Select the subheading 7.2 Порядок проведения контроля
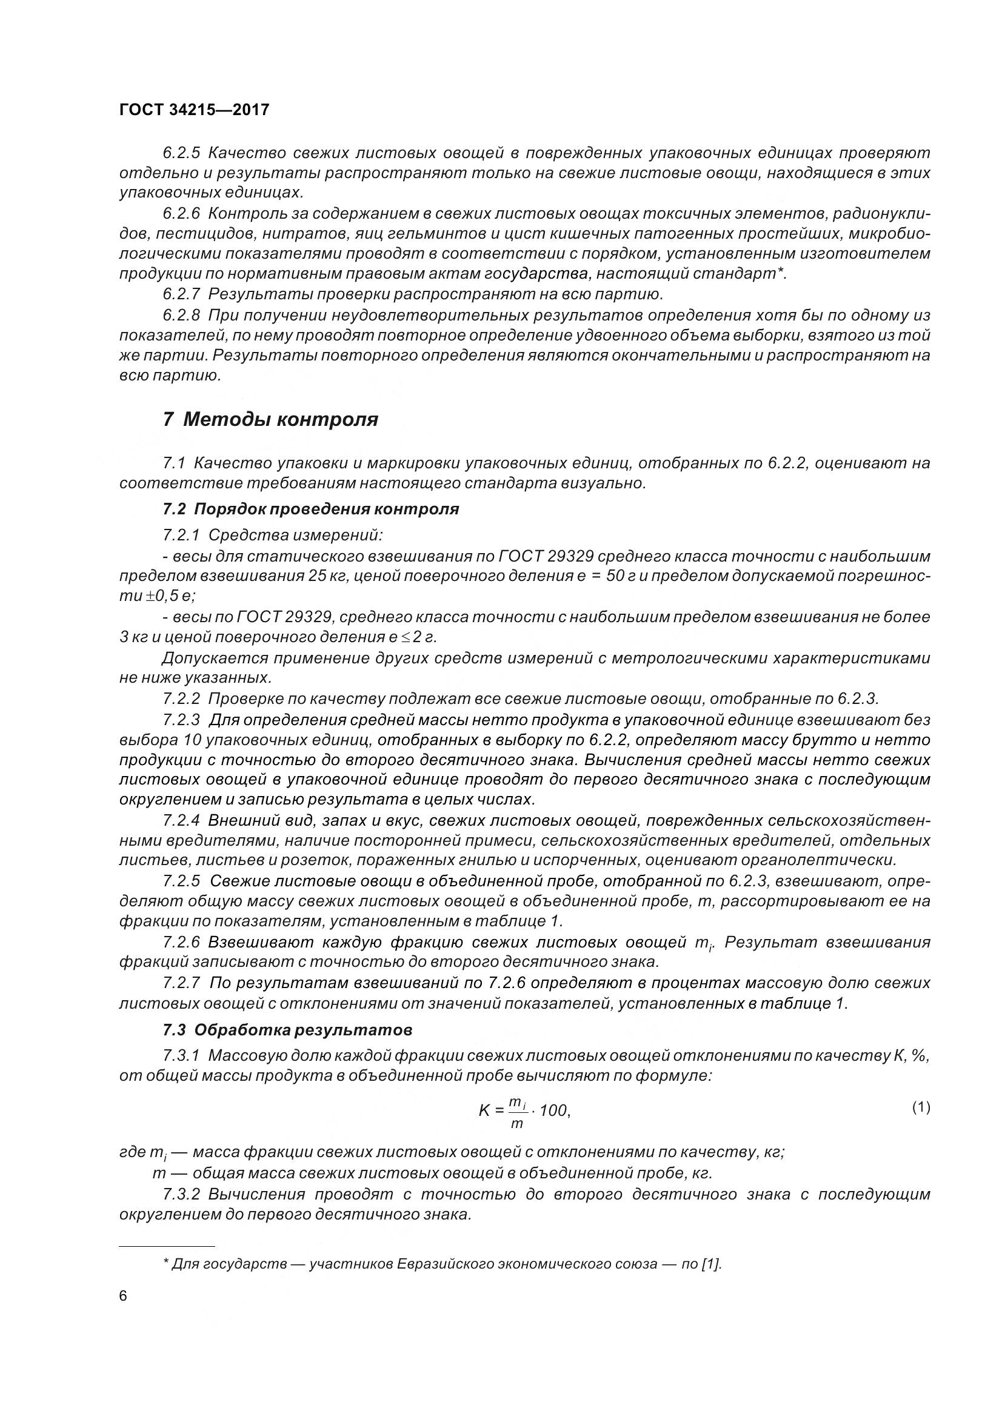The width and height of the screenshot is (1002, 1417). pyautogui.click(x=311, y=509)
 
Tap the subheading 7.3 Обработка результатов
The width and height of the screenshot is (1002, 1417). pyautogui.click(x=288, y=1030)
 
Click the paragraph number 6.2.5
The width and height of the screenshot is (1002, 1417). pyautogui.click(x=181, y=153)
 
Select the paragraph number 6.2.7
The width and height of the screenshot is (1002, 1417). pyautogui.click(x=181, y=294)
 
